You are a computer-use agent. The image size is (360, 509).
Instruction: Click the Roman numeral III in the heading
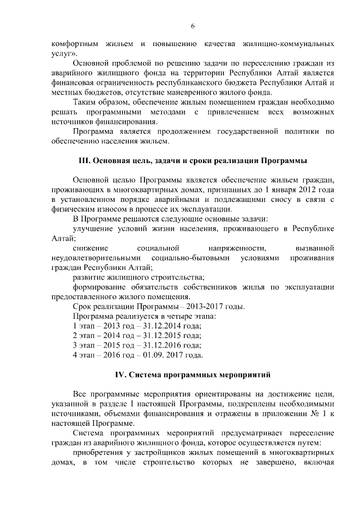[x=84, y=161]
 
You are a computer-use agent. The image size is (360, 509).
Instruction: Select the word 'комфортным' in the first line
[x=70, y=43]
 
